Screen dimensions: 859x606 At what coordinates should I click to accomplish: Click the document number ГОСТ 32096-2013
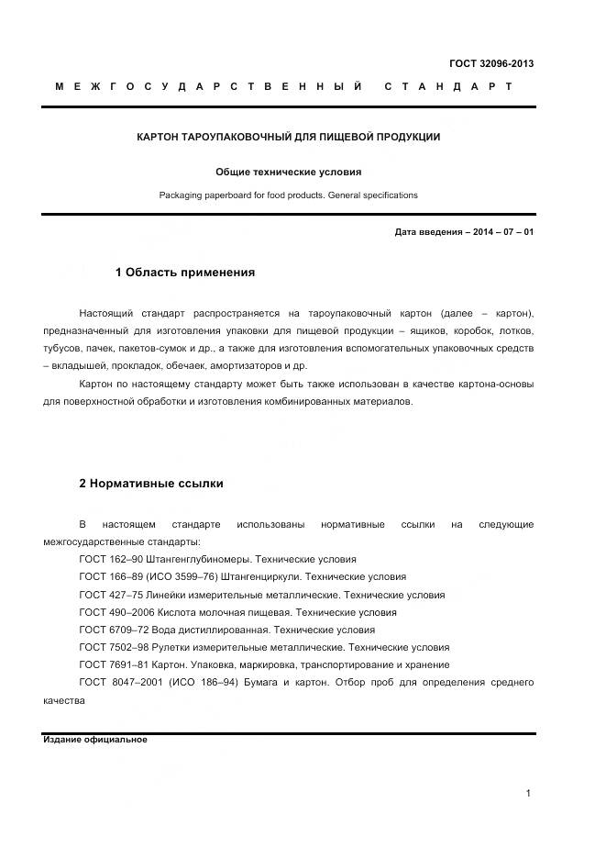[490, 63]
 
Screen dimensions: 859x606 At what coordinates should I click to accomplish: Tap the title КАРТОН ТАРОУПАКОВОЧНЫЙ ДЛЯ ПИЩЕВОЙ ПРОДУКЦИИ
[288, 137]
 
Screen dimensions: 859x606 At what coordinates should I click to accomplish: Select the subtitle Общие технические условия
[288, 172]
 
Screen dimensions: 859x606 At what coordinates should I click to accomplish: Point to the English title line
[288, 195]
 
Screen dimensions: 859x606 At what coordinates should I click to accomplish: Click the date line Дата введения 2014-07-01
[464, 232]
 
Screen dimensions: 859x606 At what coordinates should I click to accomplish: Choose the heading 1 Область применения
[184, 273]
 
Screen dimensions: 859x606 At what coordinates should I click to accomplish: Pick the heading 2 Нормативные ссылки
[150, 484]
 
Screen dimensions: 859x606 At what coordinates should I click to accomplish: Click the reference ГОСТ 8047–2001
[113, 682]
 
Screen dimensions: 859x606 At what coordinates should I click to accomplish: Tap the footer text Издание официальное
[95, 740]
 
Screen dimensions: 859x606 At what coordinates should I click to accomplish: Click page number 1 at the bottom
[529, 794]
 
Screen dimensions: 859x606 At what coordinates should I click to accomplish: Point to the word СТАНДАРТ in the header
[447, 86]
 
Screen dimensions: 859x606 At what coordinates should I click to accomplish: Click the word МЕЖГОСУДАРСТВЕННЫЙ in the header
[209, 86]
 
